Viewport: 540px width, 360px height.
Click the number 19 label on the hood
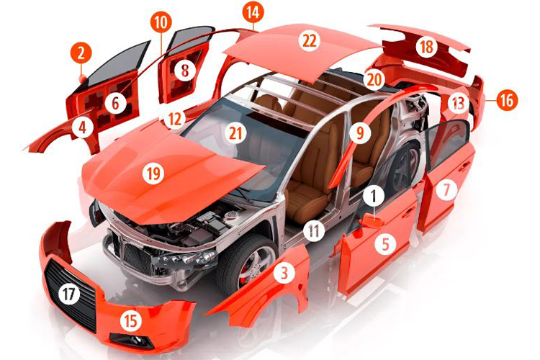[x=153, y=174]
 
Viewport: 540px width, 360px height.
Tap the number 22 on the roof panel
[x=310, y=40]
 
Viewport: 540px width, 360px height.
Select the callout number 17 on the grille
[x=69, y=294]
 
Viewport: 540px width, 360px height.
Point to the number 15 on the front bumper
[x=131, y=320]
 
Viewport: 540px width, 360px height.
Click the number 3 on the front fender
[x=284, y=272]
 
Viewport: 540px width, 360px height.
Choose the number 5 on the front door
[x=385, y=243]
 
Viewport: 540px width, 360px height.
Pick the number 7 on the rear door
[x=446, y=189]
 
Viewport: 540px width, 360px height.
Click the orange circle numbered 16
[x=507, y=101]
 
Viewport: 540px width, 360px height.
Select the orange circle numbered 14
[x=253, y=12]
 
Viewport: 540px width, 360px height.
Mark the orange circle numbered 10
[x=161, y=23]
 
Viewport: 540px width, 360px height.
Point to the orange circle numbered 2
[x=81, y=54]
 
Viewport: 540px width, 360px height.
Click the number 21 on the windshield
[x=235, y=133]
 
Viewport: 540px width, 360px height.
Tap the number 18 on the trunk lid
[x=426, y=47]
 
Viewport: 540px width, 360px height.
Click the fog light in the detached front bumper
[x=133, y=340]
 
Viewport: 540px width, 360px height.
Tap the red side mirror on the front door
[x=372, y=220]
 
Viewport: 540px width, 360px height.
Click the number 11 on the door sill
[x=314, y=230]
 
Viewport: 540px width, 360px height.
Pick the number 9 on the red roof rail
[x=359, y=132]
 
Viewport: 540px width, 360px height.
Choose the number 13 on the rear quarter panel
[x=458, y=103]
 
